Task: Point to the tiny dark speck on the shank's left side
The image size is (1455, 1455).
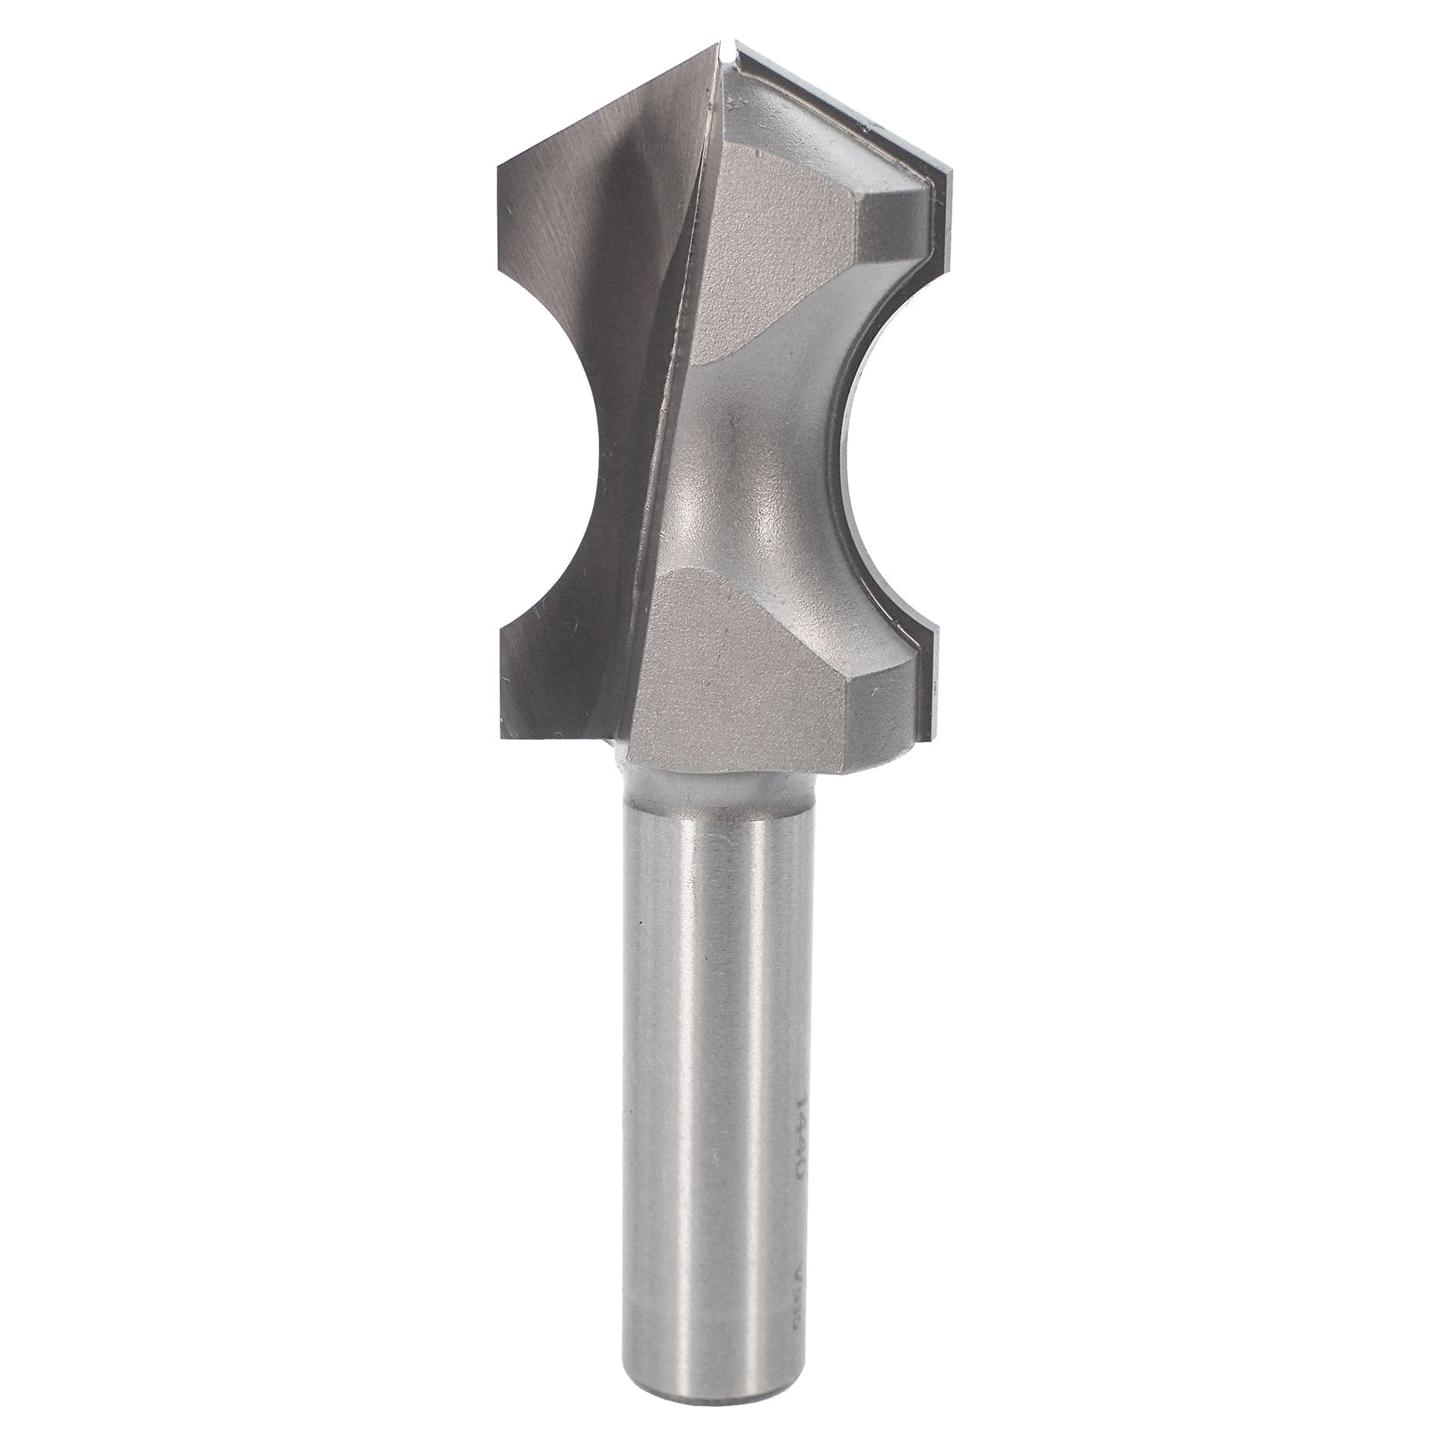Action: pyautogui.click(x=640, y=924)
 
